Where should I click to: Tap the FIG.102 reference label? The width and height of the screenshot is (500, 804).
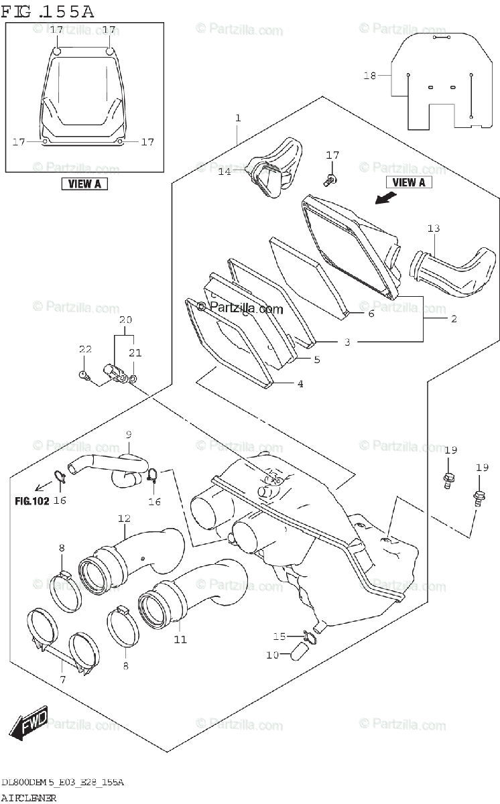pos(32,500)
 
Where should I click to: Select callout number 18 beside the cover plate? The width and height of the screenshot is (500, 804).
pos(370,76)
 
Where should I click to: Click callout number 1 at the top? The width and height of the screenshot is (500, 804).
pos(237,118)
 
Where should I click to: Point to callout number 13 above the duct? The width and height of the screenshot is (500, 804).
pos(434,228)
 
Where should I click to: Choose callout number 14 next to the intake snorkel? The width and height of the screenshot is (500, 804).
pos(224,172)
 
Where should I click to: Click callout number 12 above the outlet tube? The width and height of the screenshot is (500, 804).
pos(124,518)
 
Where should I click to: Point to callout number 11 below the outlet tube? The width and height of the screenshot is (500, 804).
pos(180,639)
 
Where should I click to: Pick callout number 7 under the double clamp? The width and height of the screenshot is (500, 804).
pos(62,680)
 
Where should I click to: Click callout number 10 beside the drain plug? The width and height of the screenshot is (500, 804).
pos(271,655)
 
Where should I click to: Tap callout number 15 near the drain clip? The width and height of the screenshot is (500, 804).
pos(279,636)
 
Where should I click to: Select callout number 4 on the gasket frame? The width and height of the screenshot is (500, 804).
pos(300,384)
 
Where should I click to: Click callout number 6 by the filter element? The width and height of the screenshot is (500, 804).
pos(370,313)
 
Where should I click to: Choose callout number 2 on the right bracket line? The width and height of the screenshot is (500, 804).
pos(453,319)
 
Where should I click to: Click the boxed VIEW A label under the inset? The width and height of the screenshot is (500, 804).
pos(84,184)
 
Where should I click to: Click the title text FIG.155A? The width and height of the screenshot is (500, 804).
pos(48,11)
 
